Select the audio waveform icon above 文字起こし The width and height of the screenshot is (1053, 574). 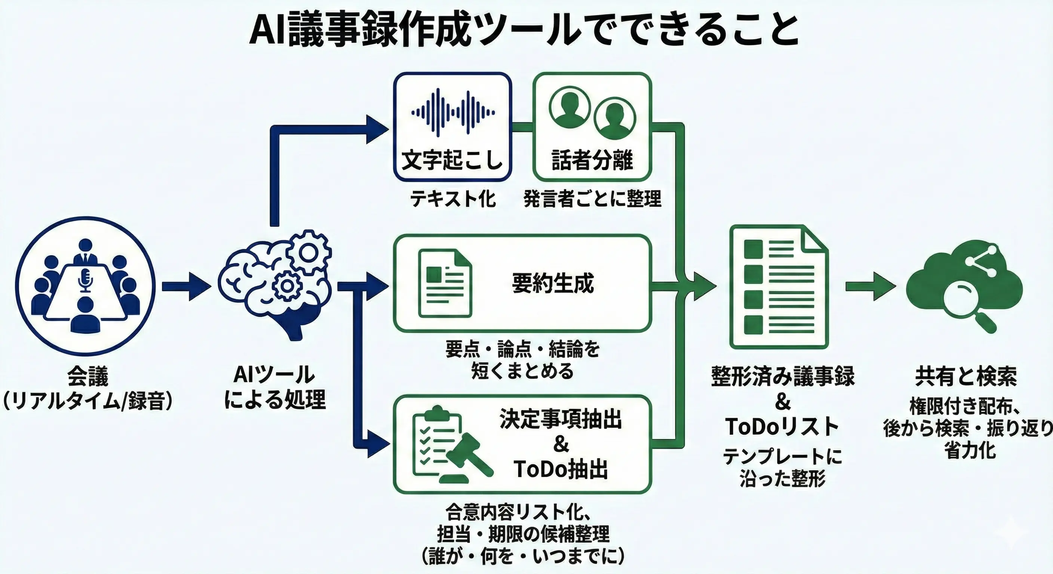[452, 112]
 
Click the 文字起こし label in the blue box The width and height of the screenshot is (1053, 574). [452, 160]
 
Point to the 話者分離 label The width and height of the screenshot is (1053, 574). [592, 160]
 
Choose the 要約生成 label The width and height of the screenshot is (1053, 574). [553, 283]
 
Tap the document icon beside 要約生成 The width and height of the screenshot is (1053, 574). [445, 284]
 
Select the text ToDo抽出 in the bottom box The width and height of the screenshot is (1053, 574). [561, 469]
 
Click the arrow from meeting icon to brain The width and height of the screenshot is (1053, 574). [186, 286]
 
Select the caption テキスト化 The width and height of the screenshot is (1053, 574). [452, 200]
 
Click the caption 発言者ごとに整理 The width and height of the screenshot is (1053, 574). [592, 200]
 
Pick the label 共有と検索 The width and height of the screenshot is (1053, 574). [965, 376]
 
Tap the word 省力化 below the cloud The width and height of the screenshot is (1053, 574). [970, 451]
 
